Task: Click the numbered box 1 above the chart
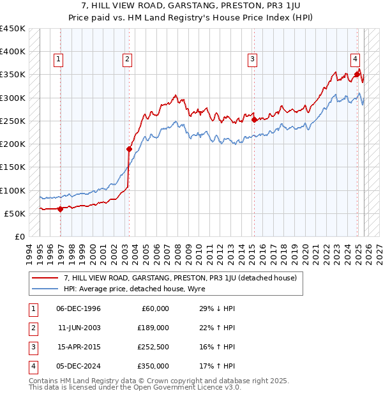coord(58,59)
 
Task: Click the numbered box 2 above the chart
coord(127,59)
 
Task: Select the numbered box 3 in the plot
coord(252,59)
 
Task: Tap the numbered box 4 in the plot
coord(354,59)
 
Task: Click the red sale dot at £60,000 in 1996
coord(61,209)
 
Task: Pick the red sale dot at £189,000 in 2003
coord(129,149)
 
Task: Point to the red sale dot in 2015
coord(254,119)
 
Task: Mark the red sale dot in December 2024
coord(357,74)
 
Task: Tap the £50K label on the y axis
coord(15,213)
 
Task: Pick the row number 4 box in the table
coord(32,366)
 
